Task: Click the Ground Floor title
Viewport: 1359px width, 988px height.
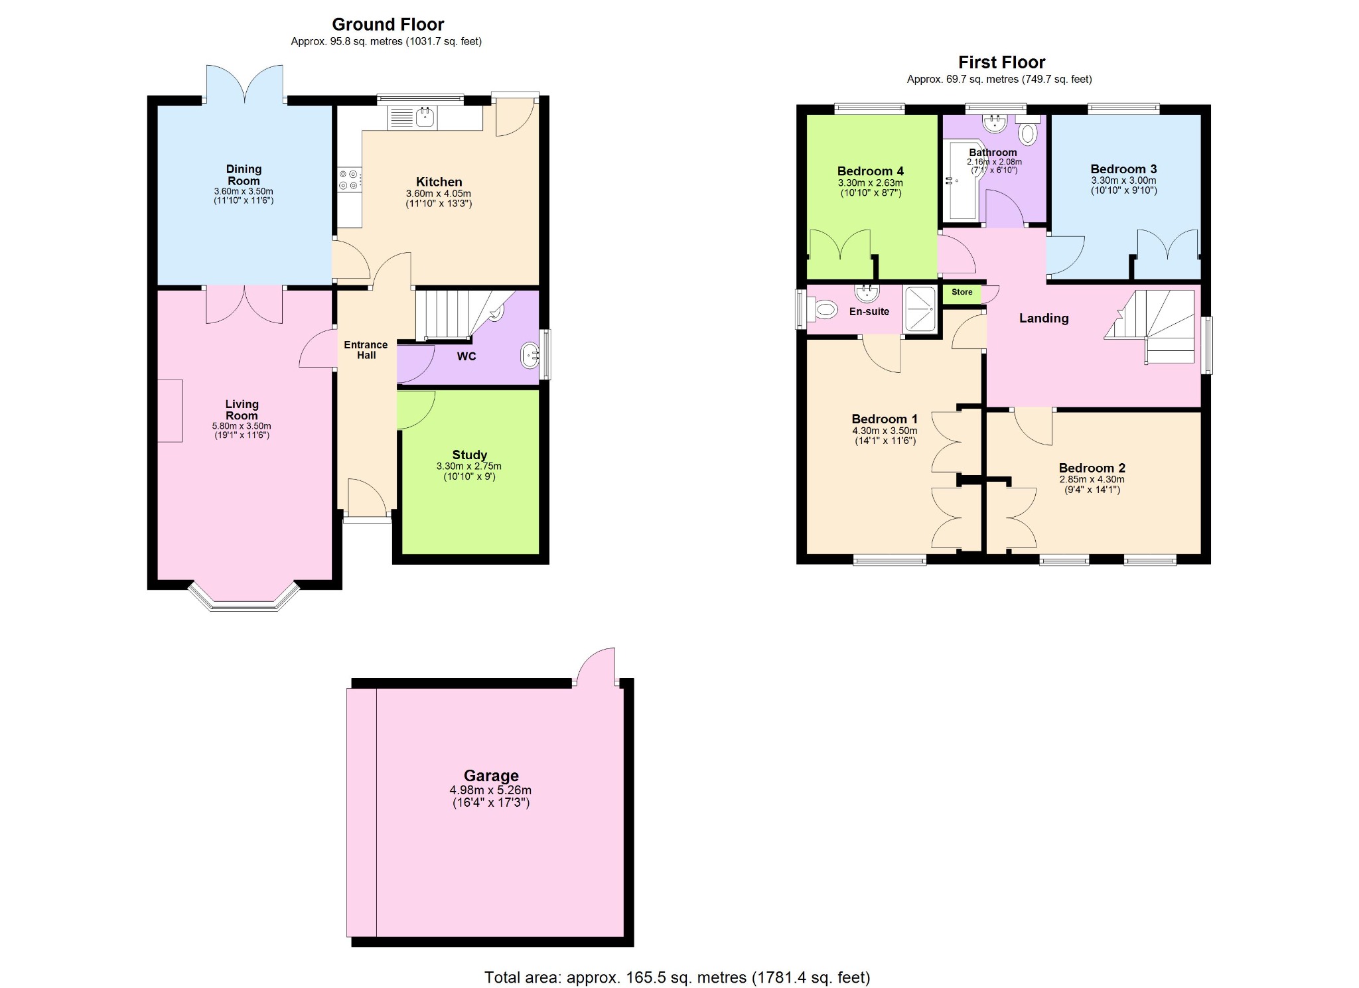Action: pos(388,25)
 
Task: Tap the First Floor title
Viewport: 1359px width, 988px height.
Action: pos(1001,62)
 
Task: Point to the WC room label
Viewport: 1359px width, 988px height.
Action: pos(466,356)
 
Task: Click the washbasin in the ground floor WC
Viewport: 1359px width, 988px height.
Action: pos(530,355)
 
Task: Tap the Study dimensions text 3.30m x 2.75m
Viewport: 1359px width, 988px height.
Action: pos(468,466)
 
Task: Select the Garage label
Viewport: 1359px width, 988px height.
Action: pos(491,776)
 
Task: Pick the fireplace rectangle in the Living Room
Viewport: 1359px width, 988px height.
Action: pos(170,411)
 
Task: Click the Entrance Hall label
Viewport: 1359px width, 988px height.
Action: pos(366,350)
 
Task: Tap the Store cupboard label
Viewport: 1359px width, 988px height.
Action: pos(962,292)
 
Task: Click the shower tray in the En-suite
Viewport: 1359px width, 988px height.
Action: pos(920,309)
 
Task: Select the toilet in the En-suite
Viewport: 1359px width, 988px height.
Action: pos(823,309)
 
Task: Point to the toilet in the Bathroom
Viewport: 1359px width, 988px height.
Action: pos(1028,132)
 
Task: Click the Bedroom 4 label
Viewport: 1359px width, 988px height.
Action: pos(870,171)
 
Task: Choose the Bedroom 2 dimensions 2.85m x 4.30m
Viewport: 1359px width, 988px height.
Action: pos(1092,479)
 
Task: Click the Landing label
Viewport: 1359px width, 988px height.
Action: pos(1044,318)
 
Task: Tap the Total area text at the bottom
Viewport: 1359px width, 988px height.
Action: pos(677,977)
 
